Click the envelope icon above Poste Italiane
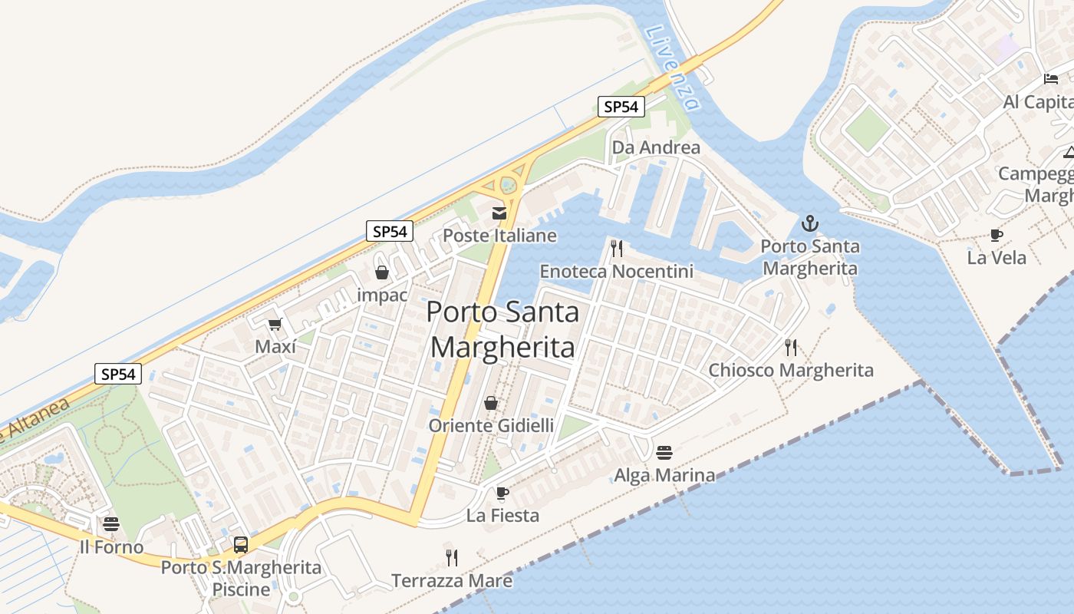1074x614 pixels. tap(499, 213)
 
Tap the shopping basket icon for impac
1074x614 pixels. tap(382, 272)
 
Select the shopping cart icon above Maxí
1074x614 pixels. tap(275, 325)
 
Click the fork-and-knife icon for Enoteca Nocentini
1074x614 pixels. tap(615, 248)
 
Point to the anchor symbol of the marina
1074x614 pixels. tap(809, 223)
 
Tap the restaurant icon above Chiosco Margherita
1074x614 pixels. tap(791, 348)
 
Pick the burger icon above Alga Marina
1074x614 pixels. tap(664, 453)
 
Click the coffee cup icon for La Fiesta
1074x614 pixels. tap(502, 493)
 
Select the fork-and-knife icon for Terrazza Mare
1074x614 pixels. tap(452, 557)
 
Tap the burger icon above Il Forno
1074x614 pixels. tap(111, 525)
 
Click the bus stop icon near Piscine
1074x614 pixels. tap(241, 545)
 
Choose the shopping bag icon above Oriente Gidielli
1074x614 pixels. tap(491, 403)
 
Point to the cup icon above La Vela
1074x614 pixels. tap(997, 235)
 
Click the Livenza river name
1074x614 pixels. tap(672, 68)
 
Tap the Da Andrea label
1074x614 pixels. tap(656, 147)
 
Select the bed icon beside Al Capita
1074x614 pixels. tap(1051, 79)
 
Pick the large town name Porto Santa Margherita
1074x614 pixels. tap(502, 330)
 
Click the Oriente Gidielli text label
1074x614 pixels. tap(491, 425)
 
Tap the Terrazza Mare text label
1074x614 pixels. tap(452, 581)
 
